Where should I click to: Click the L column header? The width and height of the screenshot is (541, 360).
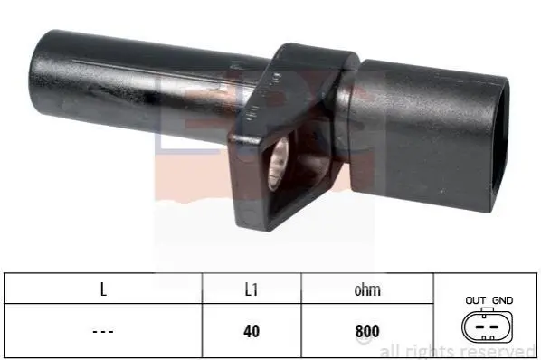(103, 289)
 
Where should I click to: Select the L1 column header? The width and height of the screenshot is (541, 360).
(252, 289)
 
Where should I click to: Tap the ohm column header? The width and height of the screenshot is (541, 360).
(367, 289)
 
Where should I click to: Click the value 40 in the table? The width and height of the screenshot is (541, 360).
(252, 331)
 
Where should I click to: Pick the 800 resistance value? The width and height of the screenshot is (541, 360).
(367, 331)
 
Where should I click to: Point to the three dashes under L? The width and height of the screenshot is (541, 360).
(103, 332)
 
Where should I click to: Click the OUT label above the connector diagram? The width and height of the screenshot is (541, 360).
(476, 300)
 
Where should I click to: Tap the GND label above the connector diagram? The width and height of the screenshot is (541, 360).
(502, 300)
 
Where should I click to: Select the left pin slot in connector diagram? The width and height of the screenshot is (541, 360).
(479, 327)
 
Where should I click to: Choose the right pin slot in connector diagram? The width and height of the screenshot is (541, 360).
(495, 327)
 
